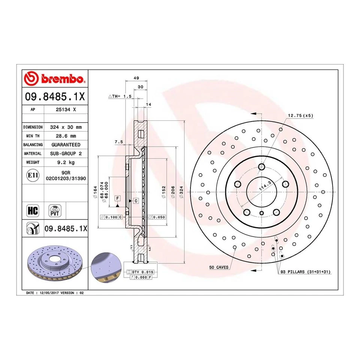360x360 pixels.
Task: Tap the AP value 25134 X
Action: [66, 110]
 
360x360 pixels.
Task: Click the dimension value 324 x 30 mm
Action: [66, 127]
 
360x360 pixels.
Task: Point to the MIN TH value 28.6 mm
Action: [66, 136]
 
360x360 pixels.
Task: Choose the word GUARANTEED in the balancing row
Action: [66, 144]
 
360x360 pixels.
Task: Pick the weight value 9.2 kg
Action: [66, 162]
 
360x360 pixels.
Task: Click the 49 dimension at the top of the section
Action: [136, 78]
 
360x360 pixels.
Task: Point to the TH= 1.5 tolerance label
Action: [120, 96]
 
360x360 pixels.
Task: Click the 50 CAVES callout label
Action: [219, 267]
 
